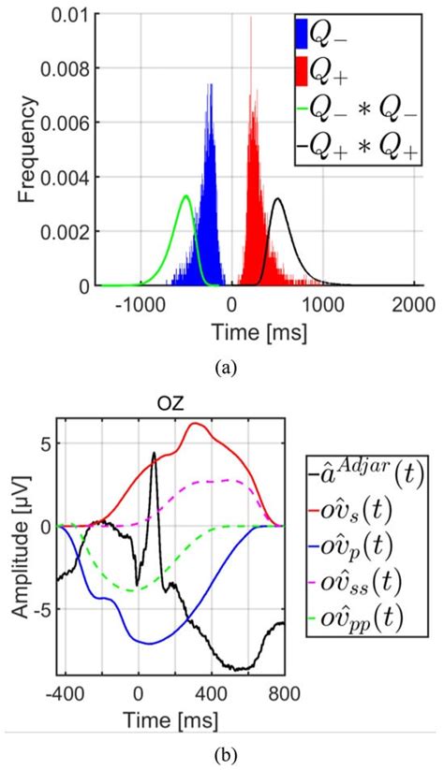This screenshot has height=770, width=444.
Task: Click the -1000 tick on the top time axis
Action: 141,305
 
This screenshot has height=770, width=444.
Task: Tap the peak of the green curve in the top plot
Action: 185,196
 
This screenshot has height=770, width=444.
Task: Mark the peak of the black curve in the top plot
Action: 277,199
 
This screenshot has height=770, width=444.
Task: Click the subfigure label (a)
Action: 223,369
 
